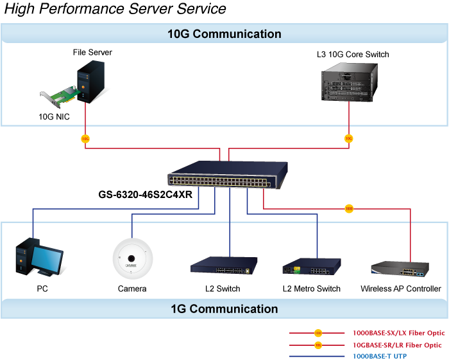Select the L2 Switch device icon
tap(224, 265)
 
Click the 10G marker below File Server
tap(85, 139)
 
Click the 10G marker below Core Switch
tap(349, 139)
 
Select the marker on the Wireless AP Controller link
tap(349, 209)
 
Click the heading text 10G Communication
tap(224, 34)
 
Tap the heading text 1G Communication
tap(224, 309)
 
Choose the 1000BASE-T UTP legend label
tap(380, 355)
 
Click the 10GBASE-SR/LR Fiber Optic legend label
tap(398, 345)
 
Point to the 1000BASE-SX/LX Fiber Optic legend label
tap(398, 333)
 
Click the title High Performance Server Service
tap(115, 9)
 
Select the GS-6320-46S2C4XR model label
tap(146, 194)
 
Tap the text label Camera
tap(132, 289)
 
